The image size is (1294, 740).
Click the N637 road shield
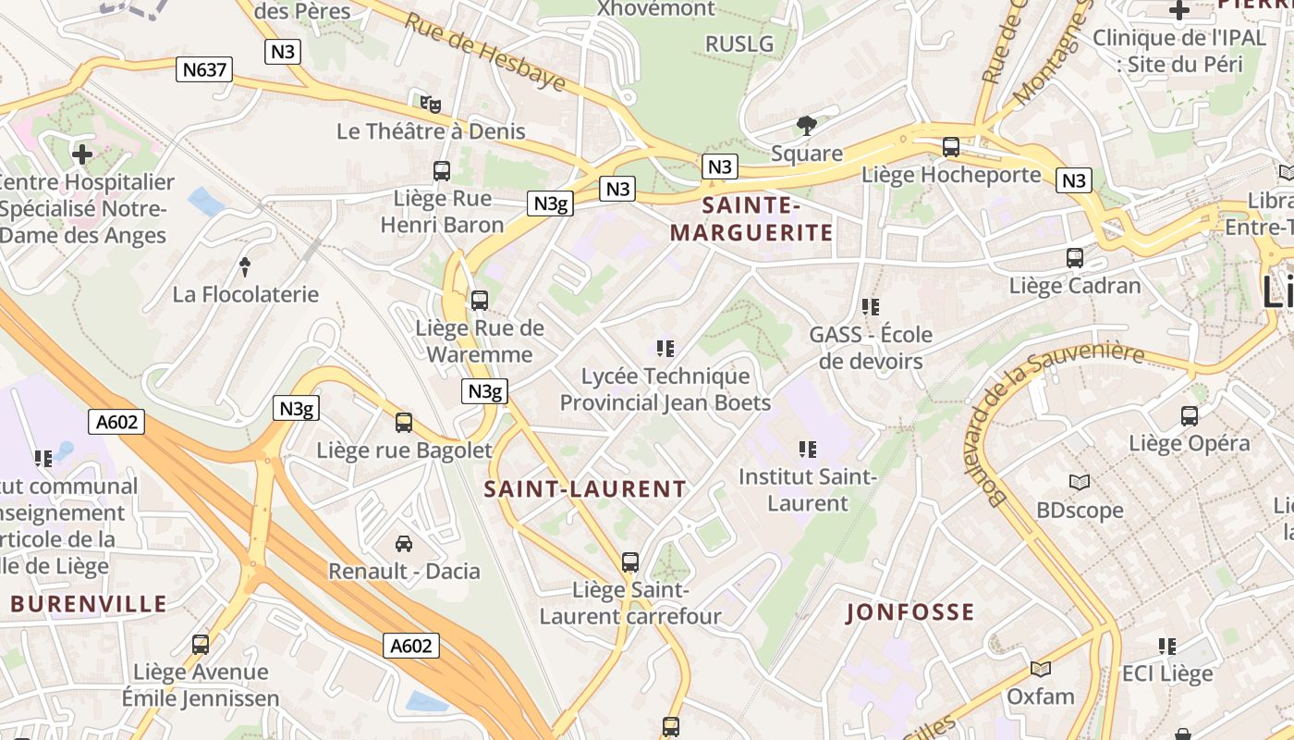point(203,69)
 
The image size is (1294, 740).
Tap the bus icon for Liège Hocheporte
point(950,147)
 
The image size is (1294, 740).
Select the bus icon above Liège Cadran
point(1075,258)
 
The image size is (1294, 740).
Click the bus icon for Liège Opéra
point(1190,416)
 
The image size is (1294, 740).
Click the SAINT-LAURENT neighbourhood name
point(585,489)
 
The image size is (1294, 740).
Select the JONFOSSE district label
point(910,611)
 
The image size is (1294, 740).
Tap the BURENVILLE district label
point(89,605)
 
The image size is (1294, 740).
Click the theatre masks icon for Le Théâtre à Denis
point(430,104)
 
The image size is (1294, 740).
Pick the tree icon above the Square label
point(807,126)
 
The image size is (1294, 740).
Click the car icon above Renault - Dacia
point(404,543)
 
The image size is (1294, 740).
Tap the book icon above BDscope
point(1079,482)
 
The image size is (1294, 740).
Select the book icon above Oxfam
point(1041,669)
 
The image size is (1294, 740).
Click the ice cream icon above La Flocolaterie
point(245,267)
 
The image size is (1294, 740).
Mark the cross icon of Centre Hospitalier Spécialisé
point(82,154)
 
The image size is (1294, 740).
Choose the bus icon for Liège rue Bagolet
point(404,423)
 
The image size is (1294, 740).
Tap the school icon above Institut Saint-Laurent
point(807,450)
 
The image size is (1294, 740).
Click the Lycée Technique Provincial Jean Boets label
point(665,389)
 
